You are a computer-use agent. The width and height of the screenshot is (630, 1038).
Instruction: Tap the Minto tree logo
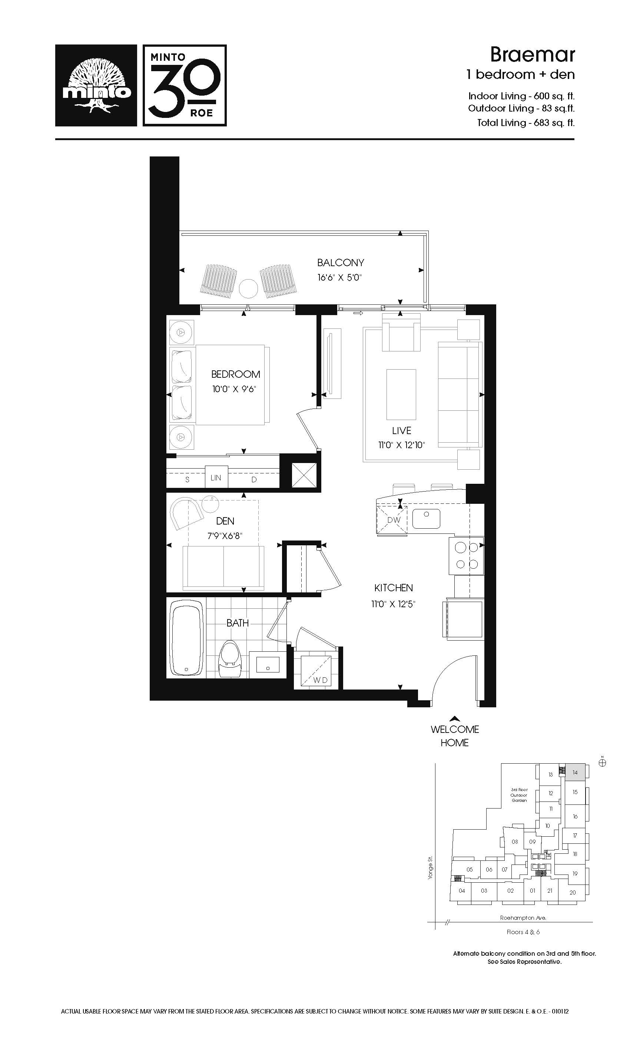96,86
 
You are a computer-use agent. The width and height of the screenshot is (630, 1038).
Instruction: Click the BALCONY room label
340,263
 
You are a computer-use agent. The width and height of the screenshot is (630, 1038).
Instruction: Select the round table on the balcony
248,289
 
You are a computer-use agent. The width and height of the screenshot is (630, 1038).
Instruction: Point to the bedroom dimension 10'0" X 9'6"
234,389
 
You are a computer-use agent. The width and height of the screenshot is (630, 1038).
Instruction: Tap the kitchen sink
426,519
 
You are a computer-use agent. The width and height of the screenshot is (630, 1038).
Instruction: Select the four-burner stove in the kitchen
467,556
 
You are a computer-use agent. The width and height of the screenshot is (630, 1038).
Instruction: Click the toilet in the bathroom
229,659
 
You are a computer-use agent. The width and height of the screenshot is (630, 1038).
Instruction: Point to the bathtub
186,638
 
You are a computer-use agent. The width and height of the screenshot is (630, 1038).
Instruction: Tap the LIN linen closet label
216,478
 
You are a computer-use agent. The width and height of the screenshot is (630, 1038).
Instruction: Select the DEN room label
225,521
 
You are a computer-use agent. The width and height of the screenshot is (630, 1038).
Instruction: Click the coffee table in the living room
401,395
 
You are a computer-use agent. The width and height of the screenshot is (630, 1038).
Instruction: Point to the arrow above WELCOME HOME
455,719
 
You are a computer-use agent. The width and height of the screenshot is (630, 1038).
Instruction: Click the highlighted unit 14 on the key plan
575,773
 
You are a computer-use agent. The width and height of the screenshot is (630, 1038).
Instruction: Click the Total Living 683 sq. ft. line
525,123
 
